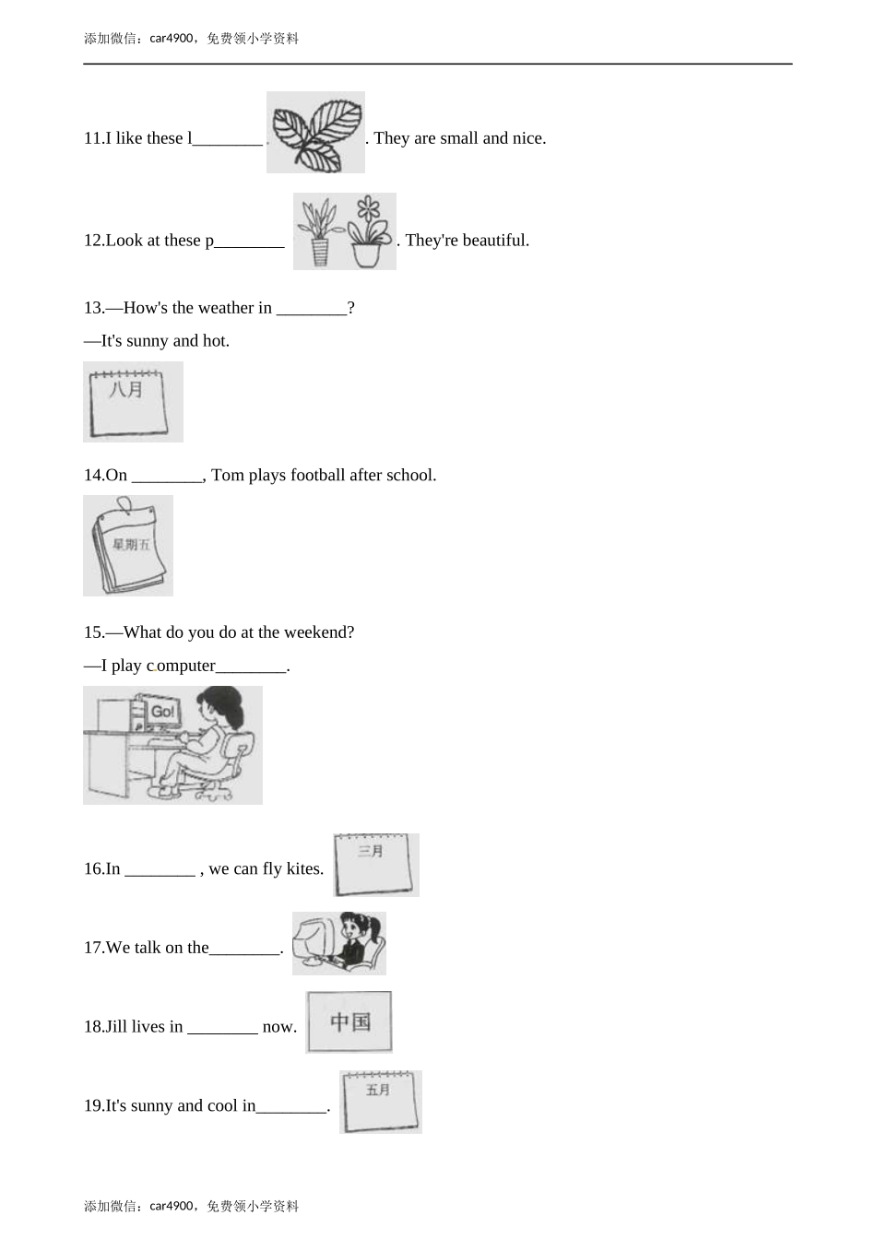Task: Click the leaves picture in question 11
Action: coord(315,132)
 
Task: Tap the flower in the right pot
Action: coord(369,209)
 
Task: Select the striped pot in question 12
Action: coord(320,253)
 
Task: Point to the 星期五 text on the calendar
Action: coord(132,545)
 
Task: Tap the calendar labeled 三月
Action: coord(374,865)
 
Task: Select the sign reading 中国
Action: coord(349,1021)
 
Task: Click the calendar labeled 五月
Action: coord(381,1102)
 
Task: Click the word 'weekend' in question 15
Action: coord(316,632)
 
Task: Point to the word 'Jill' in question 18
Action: coord(116,1027)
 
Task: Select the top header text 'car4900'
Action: coord(171,38)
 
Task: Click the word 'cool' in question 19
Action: coord(222,1105)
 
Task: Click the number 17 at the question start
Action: coord(92,948)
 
